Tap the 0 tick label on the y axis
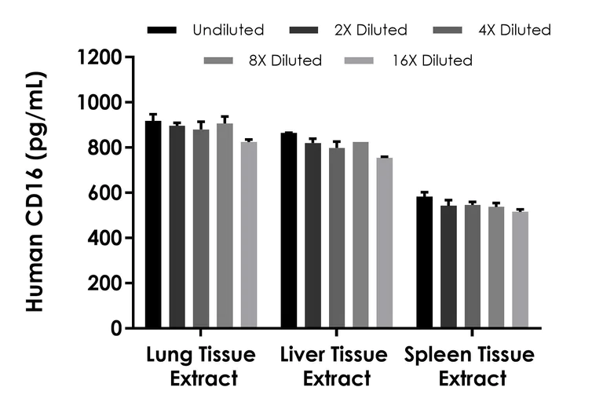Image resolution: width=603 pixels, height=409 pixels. (115, 329)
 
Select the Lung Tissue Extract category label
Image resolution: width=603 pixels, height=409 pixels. (201, 367)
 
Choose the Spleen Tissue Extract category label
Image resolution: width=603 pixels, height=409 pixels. (471, 367)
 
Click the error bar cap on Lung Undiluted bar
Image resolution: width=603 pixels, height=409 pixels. (153, 114)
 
